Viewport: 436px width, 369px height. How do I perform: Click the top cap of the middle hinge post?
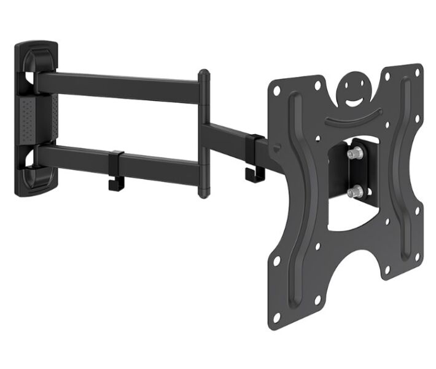pyautogui.click(x=203, y=76)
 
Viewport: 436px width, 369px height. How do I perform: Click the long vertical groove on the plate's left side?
pyautogui.click(x=298, y=184)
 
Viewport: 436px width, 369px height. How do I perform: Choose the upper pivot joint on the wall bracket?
pyautogui.click(x=34, y=80)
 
